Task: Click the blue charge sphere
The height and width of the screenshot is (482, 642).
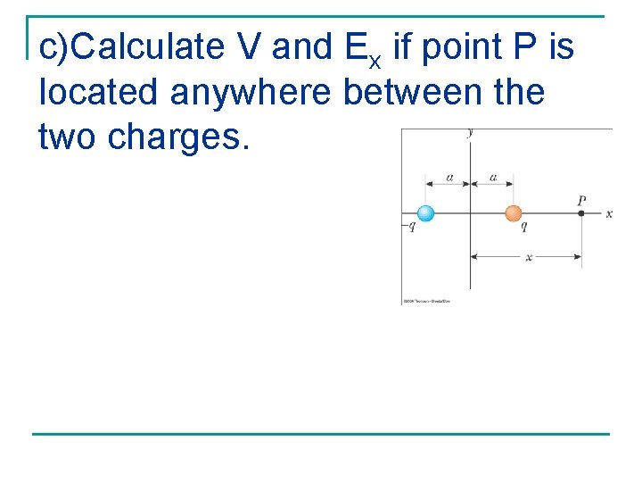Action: pos(425,213)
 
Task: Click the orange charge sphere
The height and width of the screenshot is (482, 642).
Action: pos(513,213)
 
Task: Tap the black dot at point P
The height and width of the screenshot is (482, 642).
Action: pos(581,213)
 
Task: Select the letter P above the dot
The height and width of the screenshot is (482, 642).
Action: pos(581,201)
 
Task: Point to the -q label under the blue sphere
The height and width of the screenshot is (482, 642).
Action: pos(410,227)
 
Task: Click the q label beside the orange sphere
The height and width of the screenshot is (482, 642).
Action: pos(523,227)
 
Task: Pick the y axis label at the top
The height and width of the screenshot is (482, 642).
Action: pos(470,133)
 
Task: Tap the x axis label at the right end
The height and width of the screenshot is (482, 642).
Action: pos(609,214)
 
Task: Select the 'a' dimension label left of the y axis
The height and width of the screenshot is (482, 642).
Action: pos(449,178)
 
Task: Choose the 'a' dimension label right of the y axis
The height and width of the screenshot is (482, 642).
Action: pos(493,178)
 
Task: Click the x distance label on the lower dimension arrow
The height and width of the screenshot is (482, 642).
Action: pos(528,257)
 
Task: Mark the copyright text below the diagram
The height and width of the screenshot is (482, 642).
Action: pos(426,302)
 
